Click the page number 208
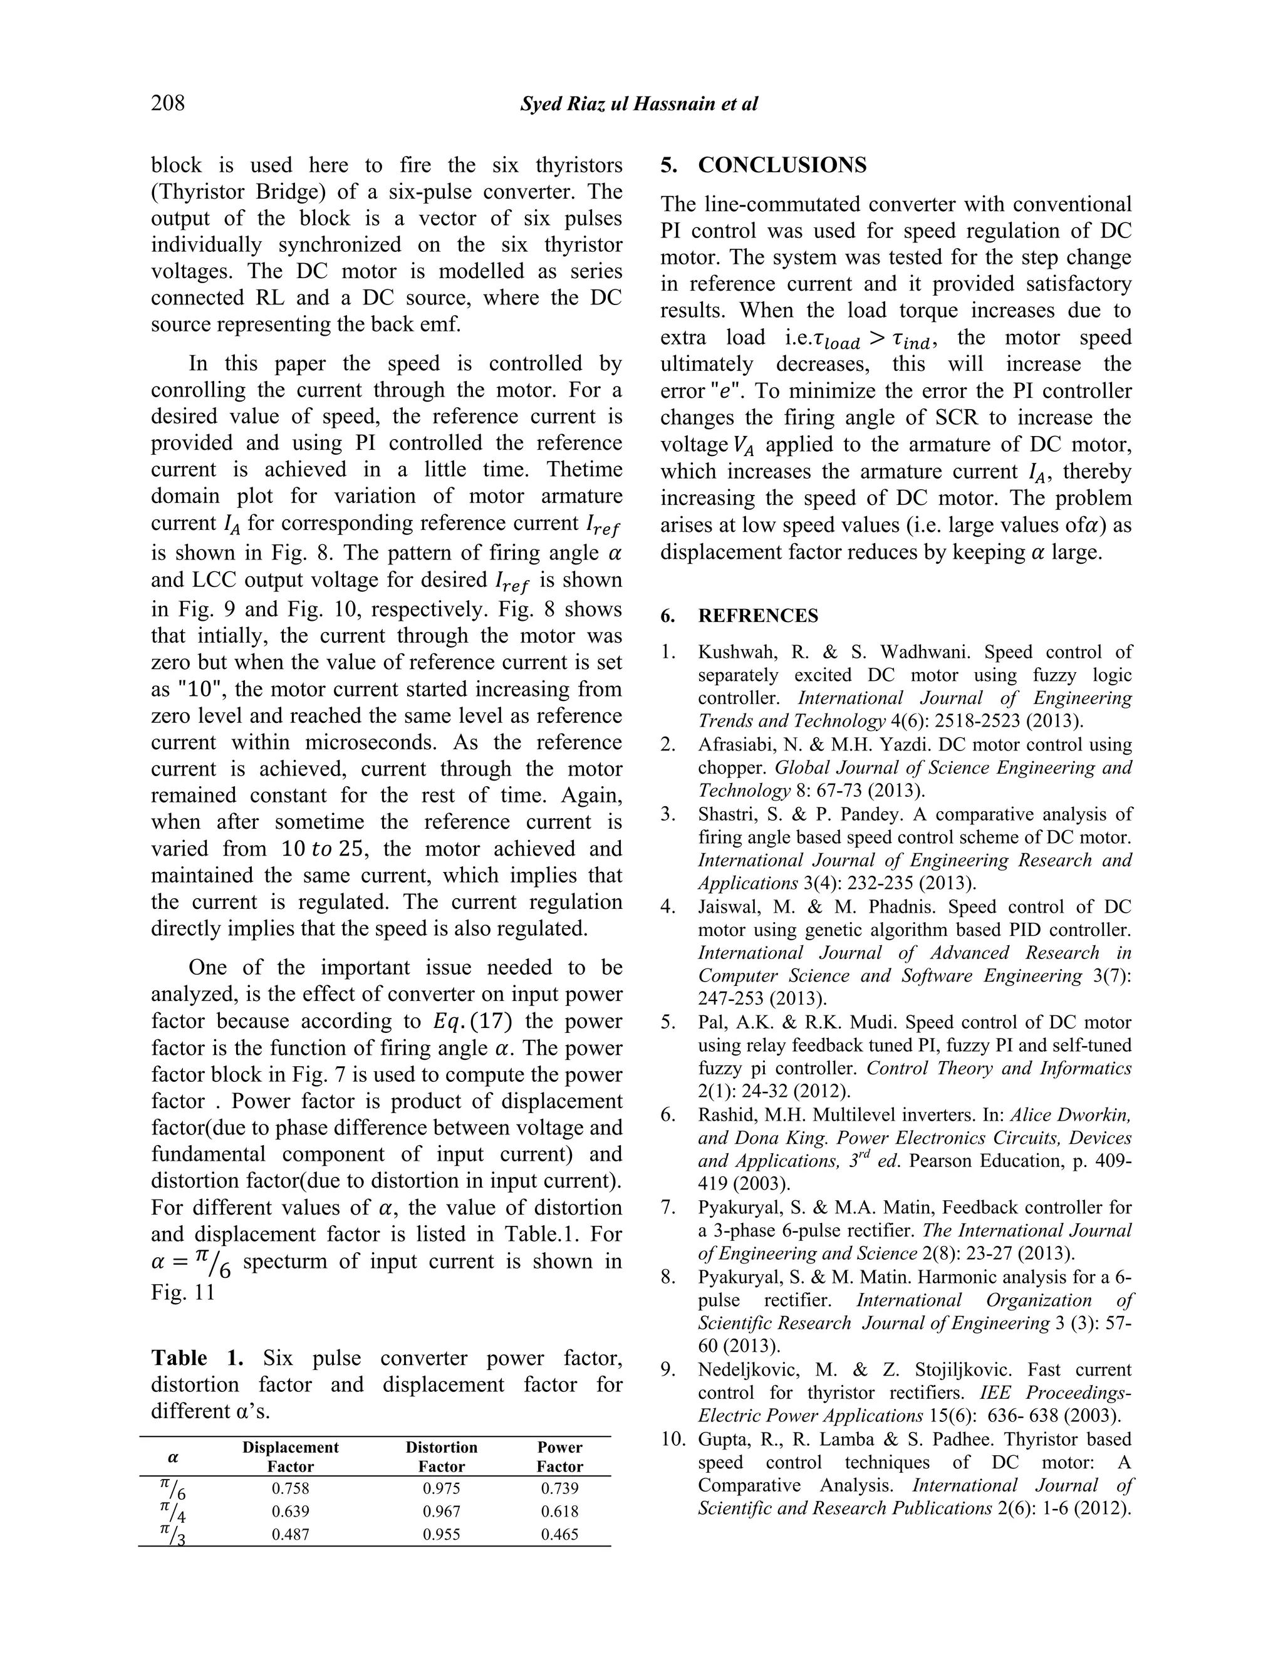pyautogui.click(x=168, y=103)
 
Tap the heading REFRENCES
pyautogui.click(x=758, y=616)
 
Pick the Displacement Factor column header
pyautogui.click(x=290, y=1456)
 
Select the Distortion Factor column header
pyautogui.click(x=441, y=1456)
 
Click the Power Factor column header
pyautogui.click(x=559, y=1456)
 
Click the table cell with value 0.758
pyautogui.click(x=290, y=1488)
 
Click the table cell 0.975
pyautogui.click(x=441, y=1488)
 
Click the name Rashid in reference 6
pyautogui.click(x=722, y=1115)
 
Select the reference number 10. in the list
pyautogui.click(x=673, y=1439)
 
